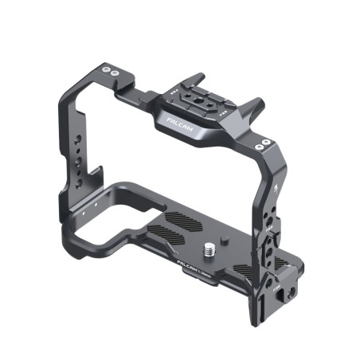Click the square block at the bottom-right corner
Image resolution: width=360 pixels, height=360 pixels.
pos(283,292)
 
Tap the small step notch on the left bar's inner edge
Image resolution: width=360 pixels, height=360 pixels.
pos(99,170)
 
